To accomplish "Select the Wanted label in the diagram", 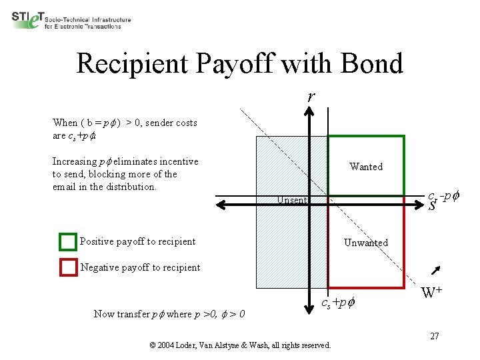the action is [366, 167].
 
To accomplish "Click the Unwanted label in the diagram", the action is [365, 243].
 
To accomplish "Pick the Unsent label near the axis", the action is [292, 200].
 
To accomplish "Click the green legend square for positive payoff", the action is [68, 241].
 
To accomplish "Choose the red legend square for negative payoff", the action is [68, 267].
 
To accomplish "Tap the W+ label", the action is [434, 292].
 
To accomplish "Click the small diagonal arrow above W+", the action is [437, 270].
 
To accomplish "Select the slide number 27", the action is [434, 336].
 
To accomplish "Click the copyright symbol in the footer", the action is [153, 345].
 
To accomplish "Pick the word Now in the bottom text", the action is [103, 314].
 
